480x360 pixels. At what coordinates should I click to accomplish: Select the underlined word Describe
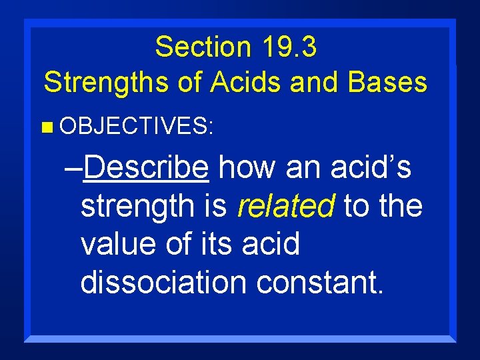click(x=147, y=169)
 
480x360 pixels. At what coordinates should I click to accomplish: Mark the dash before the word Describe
click(x=74, y=171)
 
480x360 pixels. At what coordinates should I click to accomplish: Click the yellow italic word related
click(x=285, y=207)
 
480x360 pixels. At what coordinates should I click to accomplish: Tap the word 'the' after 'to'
click(x=400, y=207)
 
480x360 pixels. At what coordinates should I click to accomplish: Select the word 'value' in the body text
click(x=117, y=244)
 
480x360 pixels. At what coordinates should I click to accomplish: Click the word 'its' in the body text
click(x=217, y=244)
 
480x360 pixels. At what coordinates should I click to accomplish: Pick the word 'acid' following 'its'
click(x=271, y=244)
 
